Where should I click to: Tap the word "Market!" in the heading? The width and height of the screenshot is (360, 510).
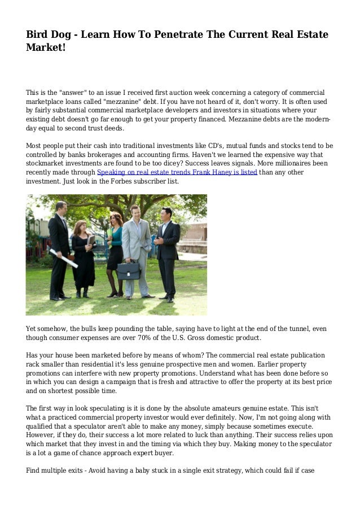point(46,49)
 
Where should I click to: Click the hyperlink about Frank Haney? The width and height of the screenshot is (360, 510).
point(177,172)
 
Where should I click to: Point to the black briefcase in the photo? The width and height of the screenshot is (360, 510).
point(128,269)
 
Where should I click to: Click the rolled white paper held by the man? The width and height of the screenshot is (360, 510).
point(63,258)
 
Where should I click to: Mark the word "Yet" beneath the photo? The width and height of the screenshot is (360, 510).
point(32,329)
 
